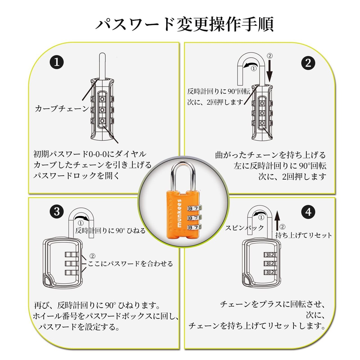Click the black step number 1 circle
57,62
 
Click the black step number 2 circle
308,63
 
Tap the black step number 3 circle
57,211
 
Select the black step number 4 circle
308,211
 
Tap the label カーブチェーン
62,109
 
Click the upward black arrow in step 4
277,221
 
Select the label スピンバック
244,228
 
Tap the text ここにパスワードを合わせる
130,264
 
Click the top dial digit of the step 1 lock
102,99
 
